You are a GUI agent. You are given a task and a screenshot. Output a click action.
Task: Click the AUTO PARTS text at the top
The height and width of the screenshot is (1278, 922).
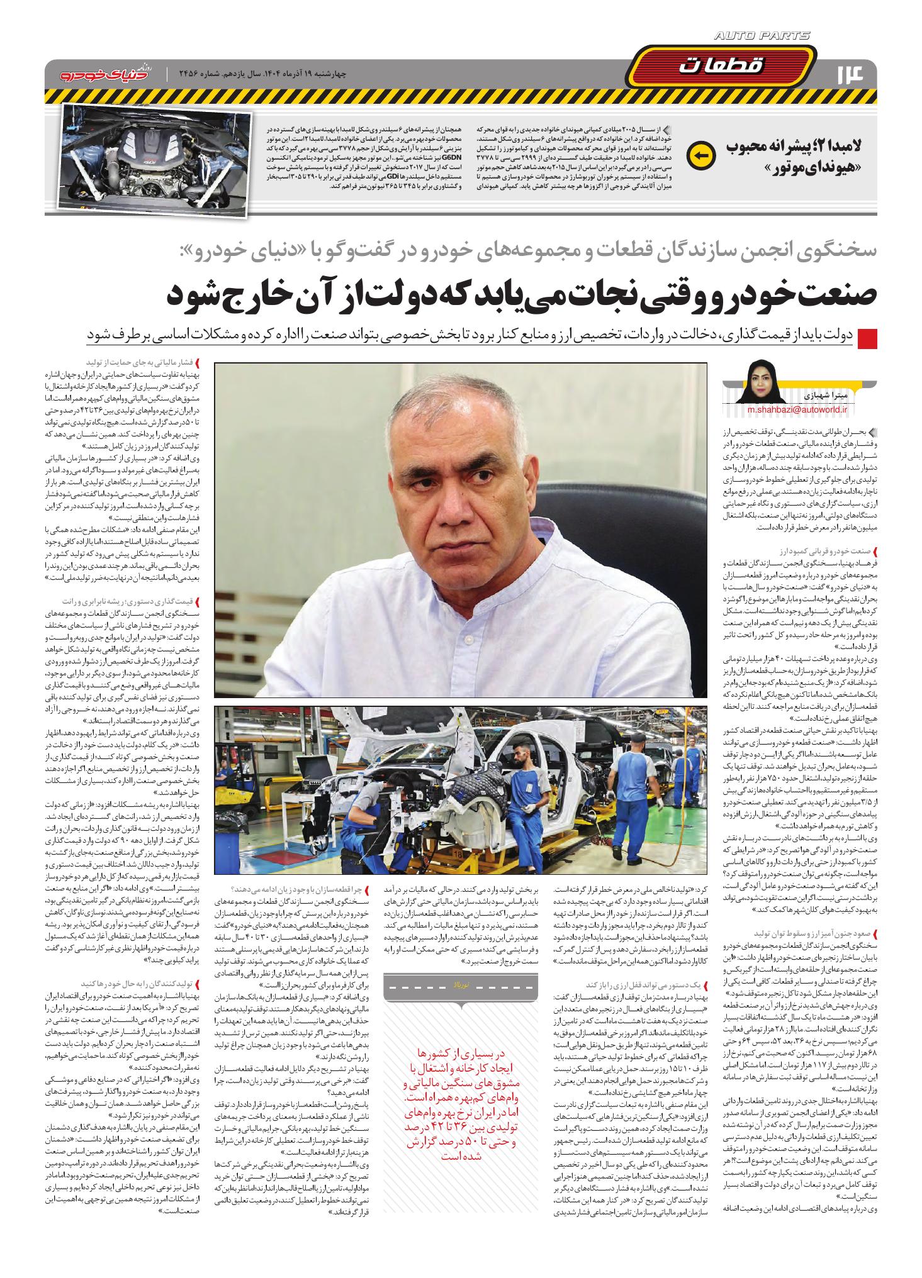pos(762,36)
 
